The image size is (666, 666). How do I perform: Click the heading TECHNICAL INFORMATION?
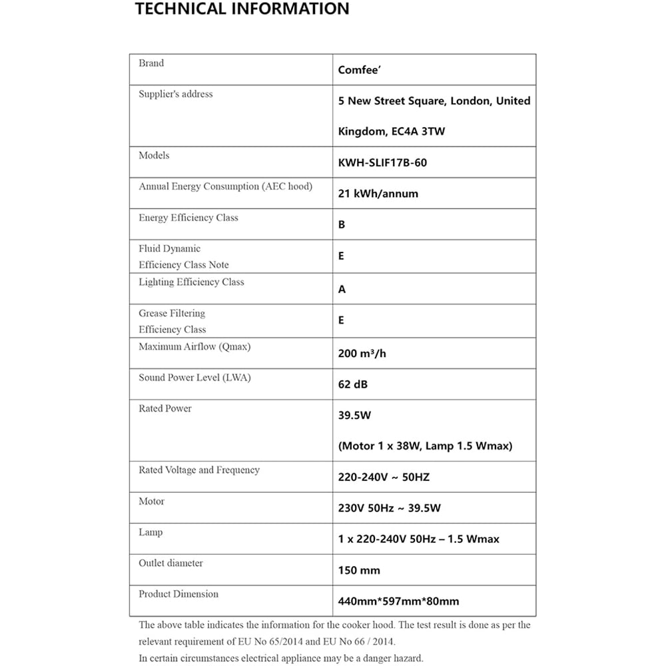pos(242,9)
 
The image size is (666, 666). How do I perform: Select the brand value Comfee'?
pos(359,70)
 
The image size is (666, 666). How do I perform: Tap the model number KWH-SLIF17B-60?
pos(382,163)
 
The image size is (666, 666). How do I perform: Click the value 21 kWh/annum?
pos(378,194)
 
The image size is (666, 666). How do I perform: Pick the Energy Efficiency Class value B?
pos(342,224)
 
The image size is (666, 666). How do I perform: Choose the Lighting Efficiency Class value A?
pos(342,290)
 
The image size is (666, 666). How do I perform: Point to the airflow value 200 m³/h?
pos(362,354)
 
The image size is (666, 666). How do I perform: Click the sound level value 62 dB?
pos(353,384)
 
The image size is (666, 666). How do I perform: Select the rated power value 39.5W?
pos(354,415)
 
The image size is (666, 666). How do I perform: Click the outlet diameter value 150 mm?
pos(359,570)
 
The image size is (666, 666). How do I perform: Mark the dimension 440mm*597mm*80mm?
pos(398,601)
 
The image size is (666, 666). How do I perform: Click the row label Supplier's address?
pos(176,94)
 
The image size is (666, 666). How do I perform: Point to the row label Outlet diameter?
pos(171,563)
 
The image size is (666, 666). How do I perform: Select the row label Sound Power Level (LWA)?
pos(194,378)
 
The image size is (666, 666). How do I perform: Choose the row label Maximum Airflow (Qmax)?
pos(194,346)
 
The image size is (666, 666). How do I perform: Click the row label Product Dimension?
pos(178,593)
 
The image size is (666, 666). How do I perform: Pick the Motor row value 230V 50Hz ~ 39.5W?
pos(390,508)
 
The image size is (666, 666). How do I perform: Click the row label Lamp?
pos(151,532)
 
